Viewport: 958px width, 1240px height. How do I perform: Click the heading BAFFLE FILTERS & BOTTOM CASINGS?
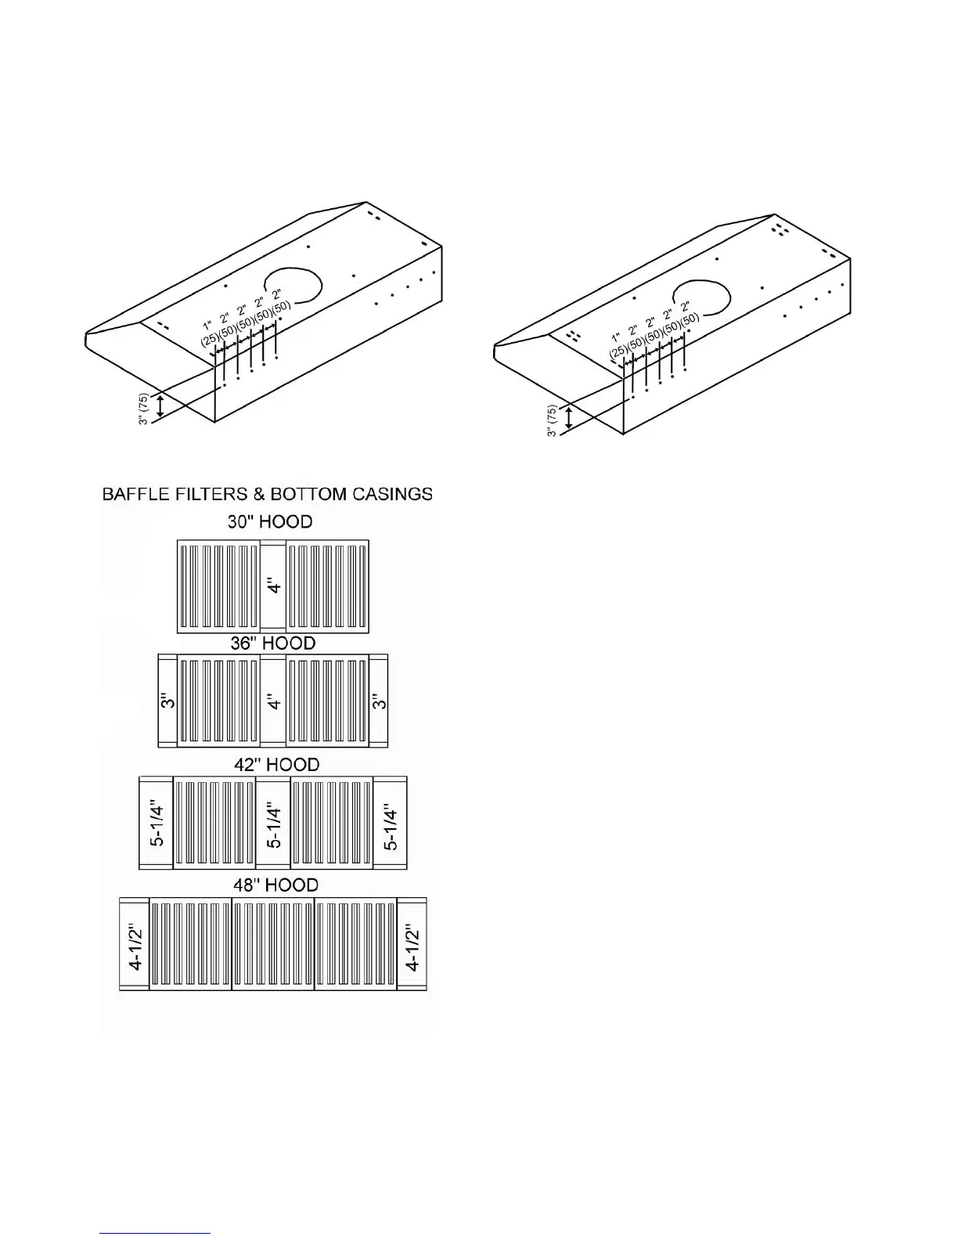click(x=267, y=494)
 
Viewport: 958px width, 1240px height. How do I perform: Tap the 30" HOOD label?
click(x=270, y=522)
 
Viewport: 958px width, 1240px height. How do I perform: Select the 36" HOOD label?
click(x=272, y=643)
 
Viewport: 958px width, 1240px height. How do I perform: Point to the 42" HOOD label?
click(x=276, y=764)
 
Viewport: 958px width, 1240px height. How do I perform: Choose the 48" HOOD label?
click(x=276, y=885)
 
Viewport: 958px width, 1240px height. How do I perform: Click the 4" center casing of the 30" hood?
click(x=273, y=586)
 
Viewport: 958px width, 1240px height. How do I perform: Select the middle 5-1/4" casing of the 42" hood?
click(x=273, y=824)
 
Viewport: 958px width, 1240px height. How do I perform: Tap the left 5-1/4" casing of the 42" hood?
click(x=157, y=824)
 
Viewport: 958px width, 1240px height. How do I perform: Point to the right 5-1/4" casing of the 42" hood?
click(x=391, y=824)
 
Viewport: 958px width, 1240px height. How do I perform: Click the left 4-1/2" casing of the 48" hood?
click(x=135, y=945)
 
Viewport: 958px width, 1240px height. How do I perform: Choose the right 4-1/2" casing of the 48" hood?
click(x=412, y=945)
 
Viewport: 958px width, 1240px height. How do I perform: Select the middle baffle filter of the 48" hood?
click(x=273, y=945)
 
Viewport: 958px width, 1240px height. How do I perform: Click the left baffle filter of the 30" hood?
click(x=219, y=586)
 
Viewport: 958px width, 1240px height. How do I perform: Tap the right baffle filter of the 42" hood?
click(x=332, y=824)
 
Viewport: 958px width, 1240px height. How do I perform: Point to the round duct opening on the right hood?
click(x=702, y=298)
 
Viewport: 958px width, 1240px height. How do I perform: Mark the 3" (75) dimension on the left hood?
click(x=144, y=409)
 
